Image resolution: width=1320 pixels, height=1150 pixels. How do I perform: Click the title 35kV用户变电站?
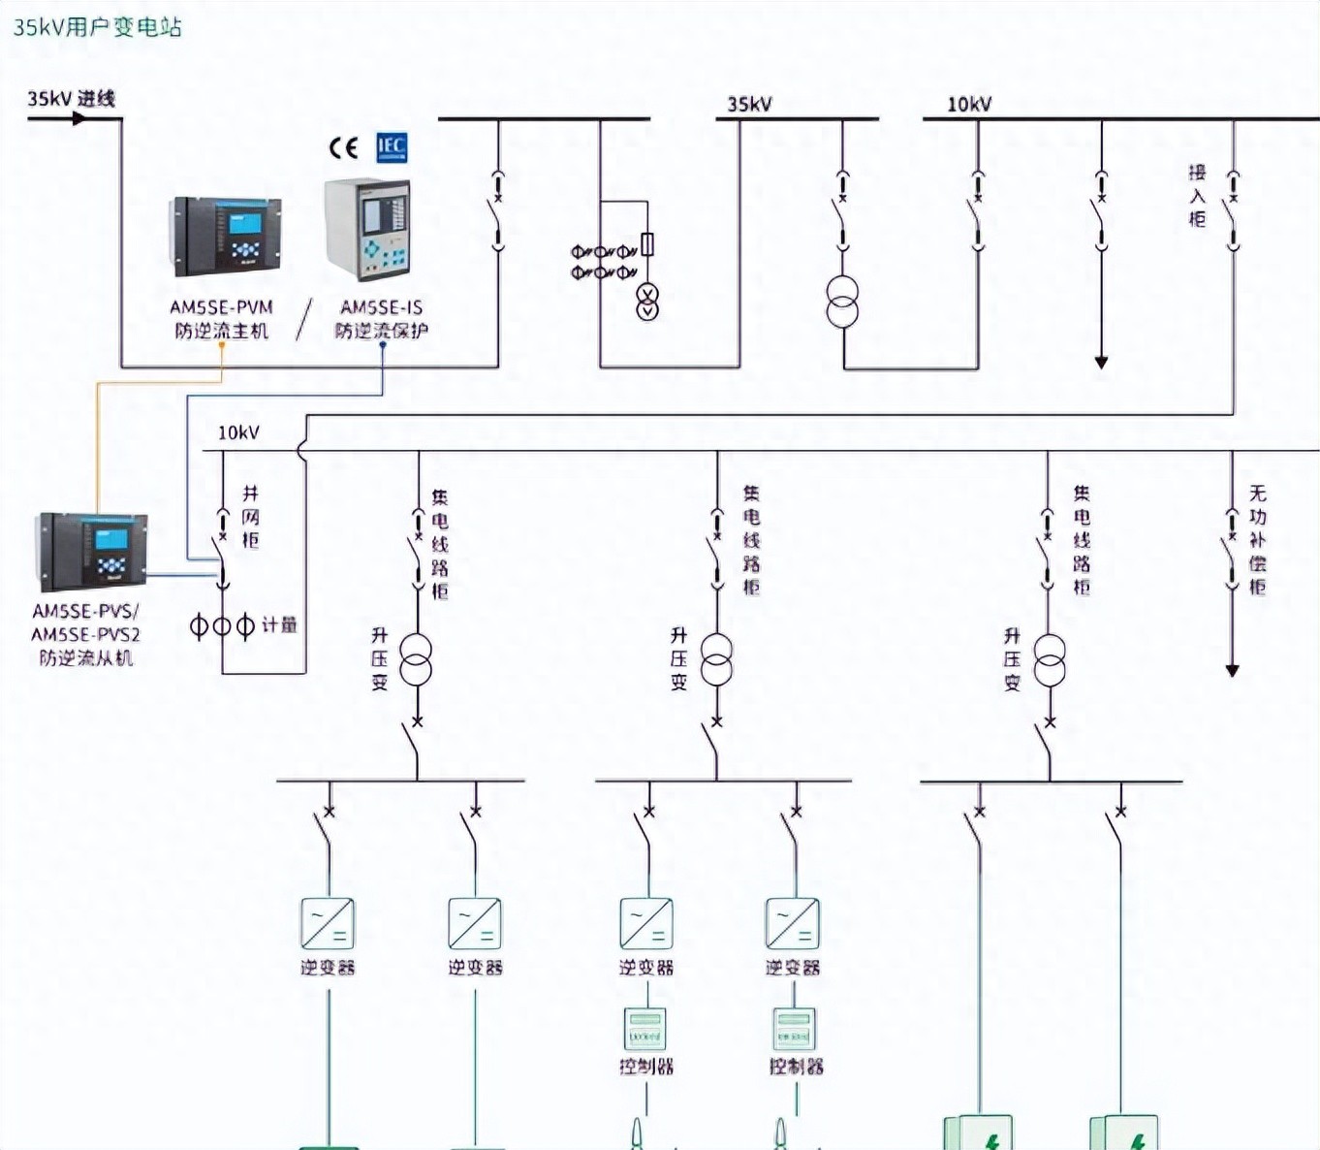[x=97, y=27]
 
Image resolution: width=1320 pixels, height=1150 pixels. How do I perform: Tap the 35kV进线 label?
[x=72, y=98]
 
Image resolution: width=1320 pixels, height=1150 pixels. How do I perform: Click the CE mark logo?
[x=343, y=147]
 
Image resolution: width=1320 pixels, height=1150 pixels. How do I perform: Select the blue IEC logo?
[x=391, y=147]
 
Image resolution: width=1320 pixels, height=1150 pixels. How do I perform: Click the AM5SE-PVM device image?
[x=226, y=236]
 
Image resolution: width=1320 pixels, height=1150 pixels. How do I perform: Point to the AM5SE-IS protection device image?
[x=367, y=229]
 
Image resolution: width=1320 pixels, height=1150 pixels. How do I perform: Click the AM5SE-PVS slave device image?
[x=91, y=551]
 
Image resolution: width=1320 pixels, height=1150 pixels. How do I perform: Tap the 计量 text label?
[x=279, y=625]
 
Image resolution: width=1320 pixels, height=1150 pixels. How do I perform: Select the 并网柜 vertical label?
[x=251, y=517]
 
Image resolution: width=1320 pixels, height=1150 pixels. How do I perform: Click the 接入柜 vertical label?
[x=1198, y=196]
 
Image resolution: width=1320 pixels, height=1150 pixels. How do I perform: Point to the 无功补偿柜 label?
[x=1257, y=539]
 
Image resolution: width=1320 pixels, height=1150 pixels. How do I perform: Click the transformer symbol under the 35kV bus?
[x=842, y=302]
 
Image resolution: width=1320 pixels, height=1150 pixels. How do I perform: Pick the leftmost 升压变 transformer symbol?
[x=417, y=660]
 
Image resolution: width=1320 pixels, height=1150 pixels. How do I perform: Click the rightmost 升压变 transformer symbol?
[x=1050, y=660]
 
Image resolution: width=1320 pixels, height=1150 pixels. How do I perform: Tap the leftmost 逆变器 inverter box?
[x=328, y=923]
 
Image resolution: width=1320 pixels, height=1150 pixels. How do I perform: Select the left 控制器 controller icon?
[x=645, y=1030]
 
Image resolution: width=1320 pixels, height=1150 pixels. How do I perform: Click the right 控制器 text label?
[x=796, y=1067]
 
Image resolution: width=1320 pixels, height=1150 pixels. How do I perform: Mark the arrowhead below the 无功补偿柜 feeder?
[x=1232, y=670]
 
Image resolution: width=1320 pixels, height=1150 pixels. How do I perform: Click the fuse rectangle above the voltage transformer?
[x=647, y=244]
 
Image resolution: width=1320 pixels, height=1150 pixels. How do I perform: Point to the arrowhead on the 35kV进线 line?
[x=79, y=118]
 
